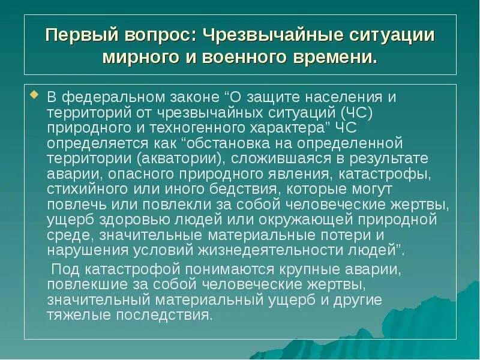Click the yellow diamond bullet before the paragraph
[x=34, y=95]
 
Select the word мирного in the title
[x=136, y=58]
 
